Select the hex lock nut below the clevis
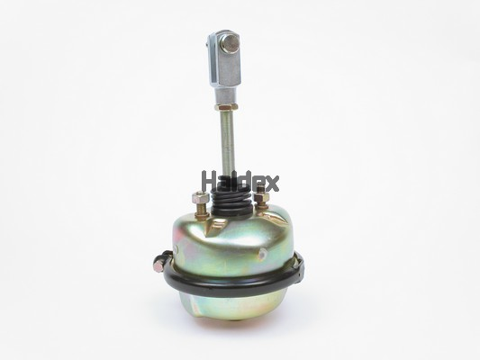227,107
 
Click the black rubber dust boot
231,200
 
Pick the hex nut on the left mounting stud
199,198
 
